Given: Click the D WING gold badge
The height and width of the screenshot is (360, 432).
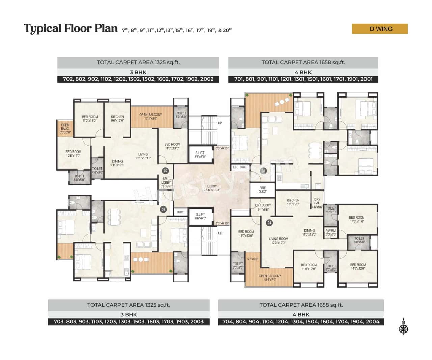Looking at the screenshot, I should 380,29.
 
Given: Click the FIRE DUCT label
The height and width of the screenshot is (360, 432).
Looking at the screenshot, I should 263,190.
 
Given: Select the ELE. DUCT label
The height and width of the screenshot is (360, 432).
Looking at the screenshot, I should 240,167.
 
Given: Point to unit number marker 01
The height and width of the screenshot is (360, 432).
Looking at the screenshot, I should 263,171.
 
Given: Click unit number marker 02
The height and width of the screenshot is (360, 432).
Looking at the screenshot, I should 165,171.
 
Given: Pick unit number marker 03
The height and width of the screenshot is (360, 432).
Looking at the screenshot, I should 163,210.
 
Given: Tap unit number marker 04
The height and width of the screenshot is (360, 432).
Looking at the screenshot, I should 269,223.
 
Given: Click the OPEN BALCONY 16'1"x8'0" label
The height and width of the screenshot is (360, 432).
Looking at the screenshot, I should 151,116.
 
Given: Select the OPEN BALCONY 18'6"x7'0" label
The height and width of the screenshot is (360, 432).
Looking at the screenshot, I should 270,278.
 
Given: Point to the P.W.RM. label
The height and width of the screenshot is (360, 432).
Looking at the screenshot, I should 331,232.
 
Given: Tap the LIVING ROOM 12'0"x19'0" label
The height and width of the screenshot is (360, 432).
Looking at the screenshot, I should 278,241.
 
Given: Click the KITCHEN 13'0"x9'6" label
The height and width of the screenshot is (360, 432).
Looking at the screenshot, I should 293,202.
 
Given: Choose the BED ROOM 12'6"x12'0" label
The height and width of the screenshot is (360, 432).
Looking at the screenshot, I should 73,154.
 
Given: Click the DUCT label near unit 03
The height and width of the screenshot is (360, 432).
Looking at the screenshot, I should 181,212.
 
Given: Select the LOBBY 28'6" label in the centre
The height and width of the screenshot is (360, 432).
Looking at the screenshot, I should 212,188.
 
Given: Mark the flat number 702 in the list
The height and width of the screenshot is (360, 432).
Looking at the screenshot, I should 69,79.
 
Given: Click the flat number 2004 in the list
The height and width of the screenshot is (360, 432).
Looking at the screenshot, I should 372,322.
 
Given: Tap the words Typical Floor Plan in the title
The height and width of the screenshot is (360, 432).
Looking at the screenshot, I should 71,29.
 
